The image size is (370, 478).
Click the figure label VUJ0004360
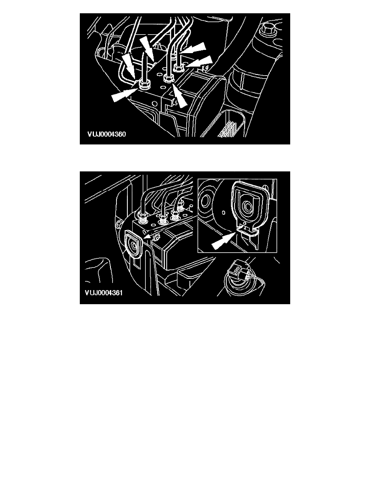click(x=106, y=134)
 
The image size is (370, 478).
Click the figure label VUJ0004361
click(x=104, y=293)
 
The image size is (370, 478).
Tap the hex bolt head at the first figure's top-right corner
click(x=268, y=29)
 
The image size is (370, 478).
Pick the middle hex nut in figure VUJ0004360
click(x=168, y=78)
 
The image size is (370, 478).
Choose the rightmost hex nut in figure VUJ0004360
click(x=178, y=67)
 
